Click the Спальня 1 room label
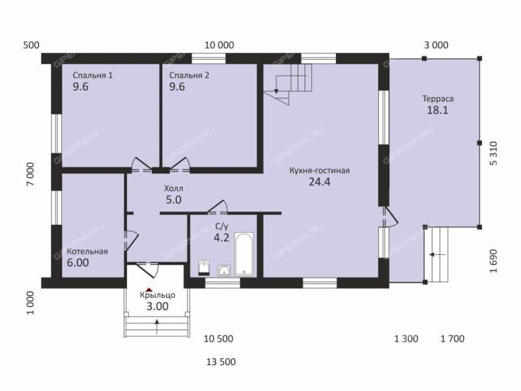coord(92,76)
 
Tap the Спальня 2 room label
coord(189,76)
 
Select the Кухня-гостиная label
coord(319,171)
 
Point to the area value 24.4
coord(319,182)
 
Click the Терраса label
coord(438,99)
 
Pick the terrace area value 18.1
coord(438,110)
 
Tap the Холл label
coord(173,188)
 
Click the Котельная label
coord(87,252)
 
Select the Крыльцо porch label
coord(158,295)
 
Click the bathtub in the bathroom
coord(244,254)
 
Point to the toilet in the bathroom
coord(204,268)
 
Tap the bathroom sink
coord(224,270)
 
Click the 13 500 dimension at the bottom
coord(221,362)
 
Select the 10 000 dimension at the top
coord(219,45)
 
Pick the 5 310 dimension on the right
coord(494,153)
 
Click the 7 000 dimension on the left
coord(30,174)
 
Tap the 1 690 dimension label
coord(494,261)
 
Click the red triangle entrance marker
coord(149,289)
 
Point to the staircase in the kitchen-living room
coord(288,84)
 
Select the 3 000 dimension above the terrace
coord(436,45)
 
